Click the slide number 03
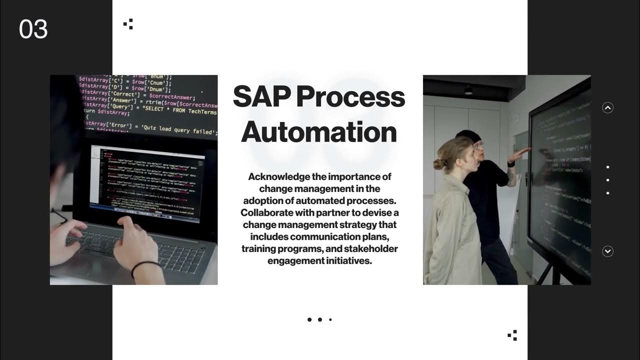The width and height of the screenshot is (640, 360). [33, 29]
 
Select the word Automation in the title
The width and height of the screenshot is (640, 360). [319, 131]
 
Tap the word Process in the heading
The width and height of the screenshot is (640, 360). [350, 96]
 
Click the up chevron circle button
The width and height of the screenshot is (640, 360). [607, 107]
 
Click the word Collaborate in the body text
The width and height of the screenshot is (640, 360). [266, 212]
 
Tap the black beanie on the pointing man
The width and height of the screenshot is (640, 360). [468, 136]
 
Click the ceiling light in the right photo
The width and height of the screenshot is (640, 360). [468, 90]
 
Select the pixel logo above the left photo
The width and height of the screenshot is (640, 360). [128, 23]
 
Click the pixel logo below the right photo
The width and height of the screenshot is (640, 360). [512, 335]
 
